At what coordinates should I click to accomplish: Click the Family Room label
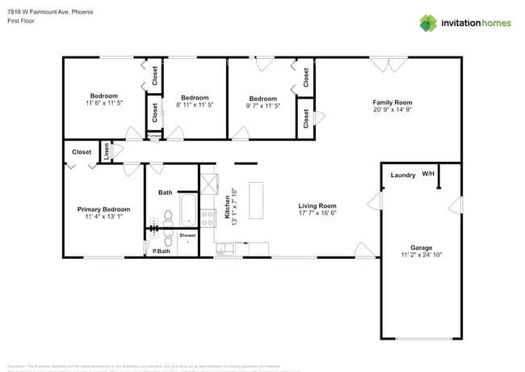392,103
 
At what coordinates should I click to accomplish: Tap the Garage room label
421,247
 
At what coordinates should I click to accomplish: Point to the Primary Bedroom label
103,209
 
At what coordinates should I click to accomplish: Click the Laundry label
403,175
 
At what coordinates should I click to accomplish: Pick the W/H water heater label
428,174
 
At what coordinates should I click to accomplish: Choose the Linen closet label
107,151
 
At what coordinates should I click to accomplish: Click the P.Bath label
162,252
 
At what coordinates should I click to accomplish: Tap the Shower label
187,235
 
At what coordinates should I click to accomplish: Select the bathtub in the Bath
187,210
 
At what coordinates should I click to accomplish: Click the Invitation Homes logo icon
428,23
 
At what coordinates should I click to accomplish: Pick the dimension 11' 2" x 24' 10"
421,256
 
